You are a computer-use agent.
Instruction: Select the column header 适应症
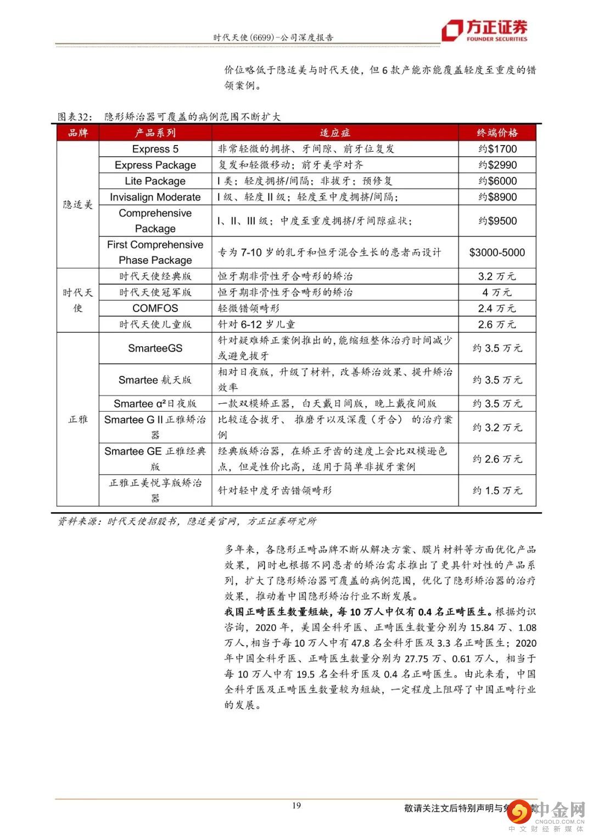click(334, 133)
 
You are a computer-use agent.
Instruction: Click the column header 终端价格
click(497, 133)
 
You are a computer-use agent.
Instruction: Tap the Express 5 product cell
click(155, 149)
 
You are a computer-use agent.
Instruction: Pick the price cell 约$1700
click(497, 149)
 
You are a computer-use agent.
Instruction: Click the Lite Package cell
click(155, 181)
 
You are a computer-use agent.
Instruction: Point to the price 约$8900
click(497, 197)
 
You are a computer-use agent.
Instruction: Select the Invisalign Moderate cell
click(155, 197)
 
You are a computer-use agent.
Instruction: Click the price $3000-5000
click(497, 252)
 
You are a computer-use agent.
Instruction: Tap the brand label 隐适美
click(77, 204)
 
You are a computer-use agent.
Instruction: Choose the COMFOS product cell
click(155, 308)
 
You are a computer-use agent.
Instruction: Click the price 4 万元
click(497, 292)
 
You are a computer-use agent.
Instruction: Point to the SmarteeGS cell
click(155, 348)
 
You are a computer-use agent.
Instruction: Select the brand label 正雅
click(77, 419)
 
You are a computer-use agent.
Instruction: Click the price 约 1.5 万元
click(497, 490)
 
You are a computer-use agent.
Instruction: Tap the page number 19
click(296, 805)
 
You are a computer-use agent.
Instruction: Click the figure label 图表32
click(73, 116)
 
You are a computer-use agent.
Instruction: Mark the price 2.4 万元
click(497, 308)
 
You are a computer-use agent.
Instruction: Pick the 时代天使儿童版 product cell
click(155, 324)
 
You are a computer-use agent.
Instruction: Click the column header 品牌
click(77, 133)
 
